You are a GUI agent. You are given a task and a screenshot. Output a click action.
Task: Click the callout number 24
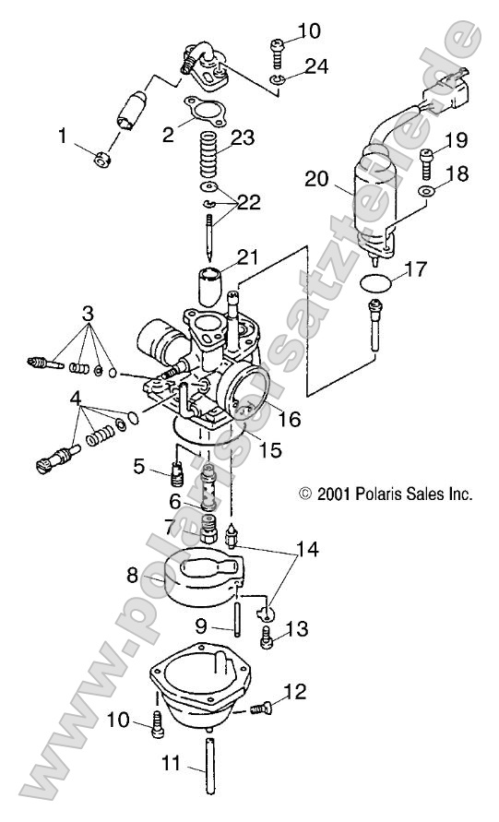click(289, 66)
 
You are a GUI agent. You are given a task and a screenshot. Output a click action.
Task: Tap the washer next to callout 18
click(425, 192)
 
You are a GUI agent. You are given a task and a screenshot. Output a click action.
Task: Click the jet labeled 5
click(172, 474)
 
